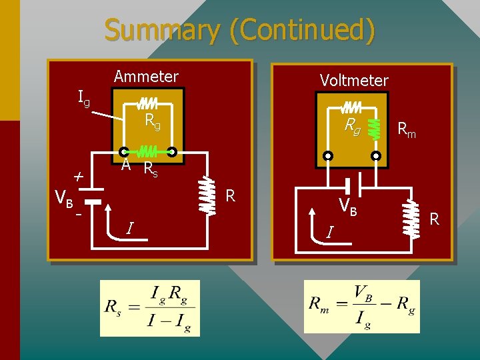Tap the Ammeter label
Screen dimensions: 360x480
point(146,77)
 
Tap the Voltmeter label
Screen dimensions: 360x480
point(353,81)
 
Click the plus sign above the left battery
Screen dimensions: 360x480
point(78,177)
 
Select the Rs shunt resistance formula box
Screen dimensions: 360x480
point(149,308)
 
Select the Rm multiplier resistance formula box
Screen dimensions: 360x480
point(361,307)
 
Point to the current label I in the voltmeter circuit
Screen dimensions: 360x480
point(329,232)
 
